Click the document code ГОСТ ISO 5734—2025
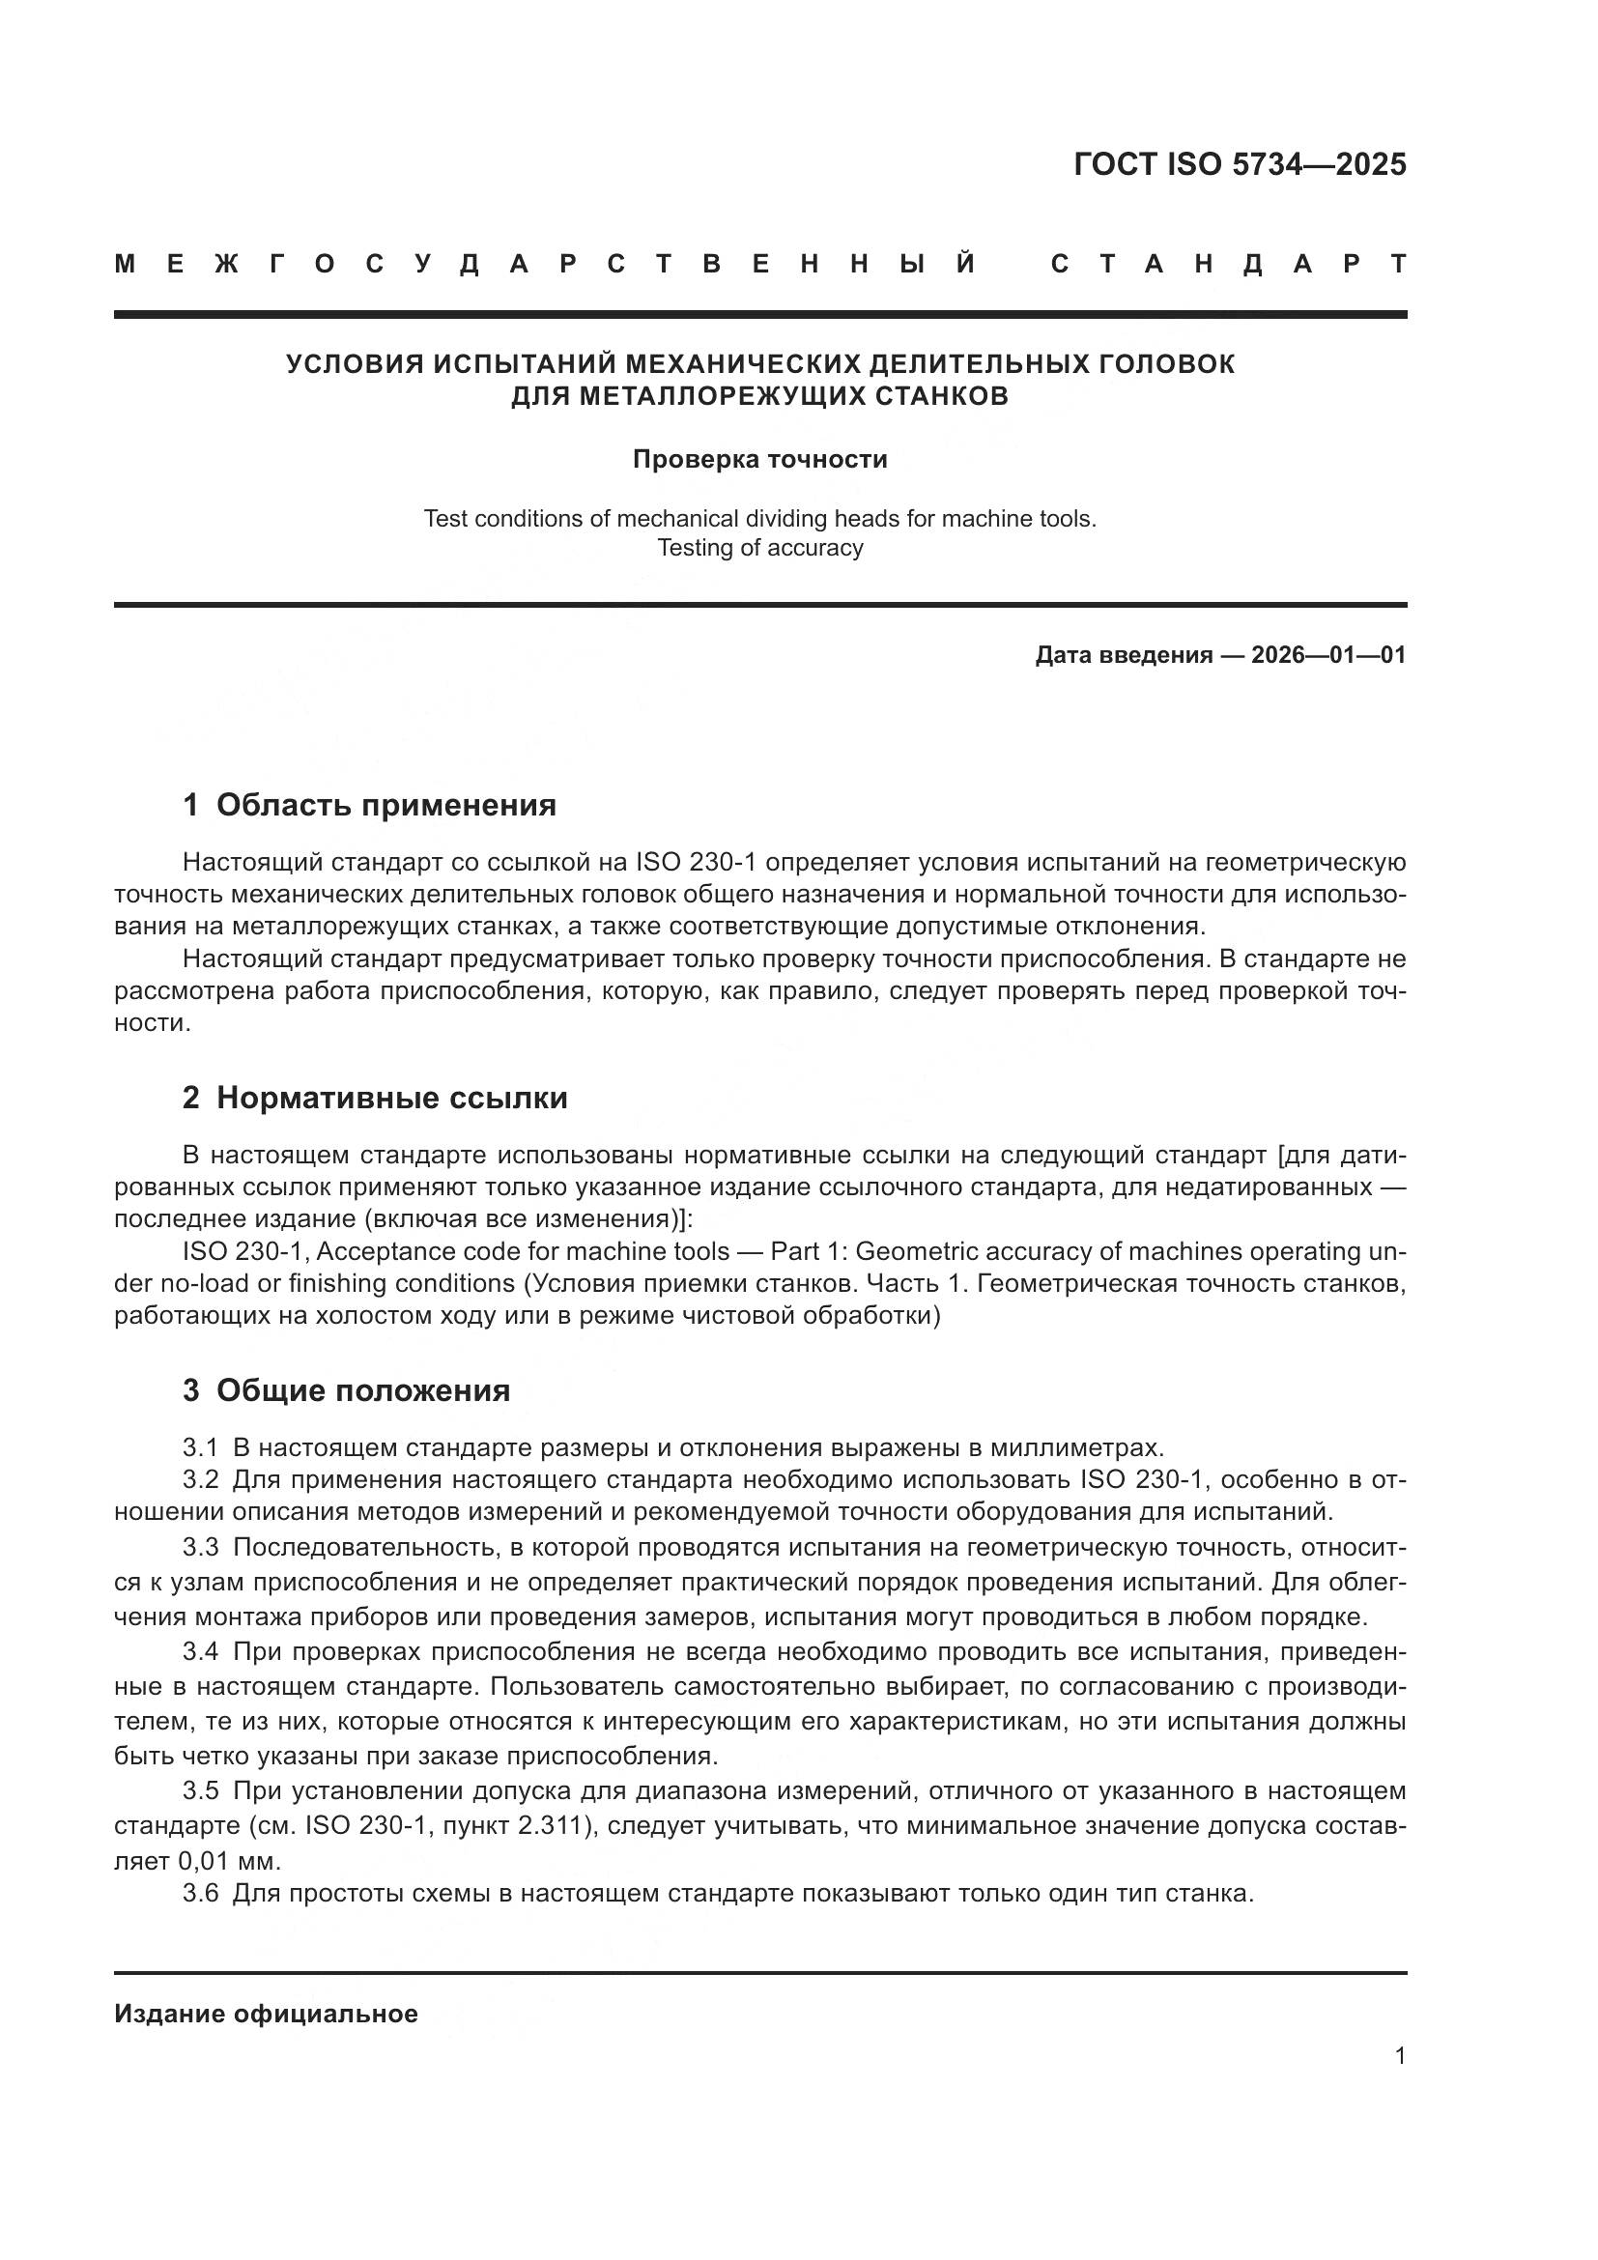[1239, 164]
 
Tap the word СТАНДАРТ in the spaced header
[1228, 265]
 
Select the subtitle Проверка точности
[759, 460]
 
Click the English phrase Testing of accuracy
[759, 548]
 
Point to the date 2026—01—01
[1327, 655]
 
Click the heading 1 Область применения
[369, 805]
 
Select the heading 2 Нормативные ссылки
[375, 1098]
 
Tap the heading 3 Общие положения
[347, 1390]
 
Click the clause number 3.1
[200, 1448]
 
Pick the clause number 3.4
[200, 1650]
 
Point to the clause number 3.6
[200, 1893]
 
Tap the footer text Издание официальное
[266, 2014]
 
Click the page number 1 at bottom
[1399, 2056]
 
